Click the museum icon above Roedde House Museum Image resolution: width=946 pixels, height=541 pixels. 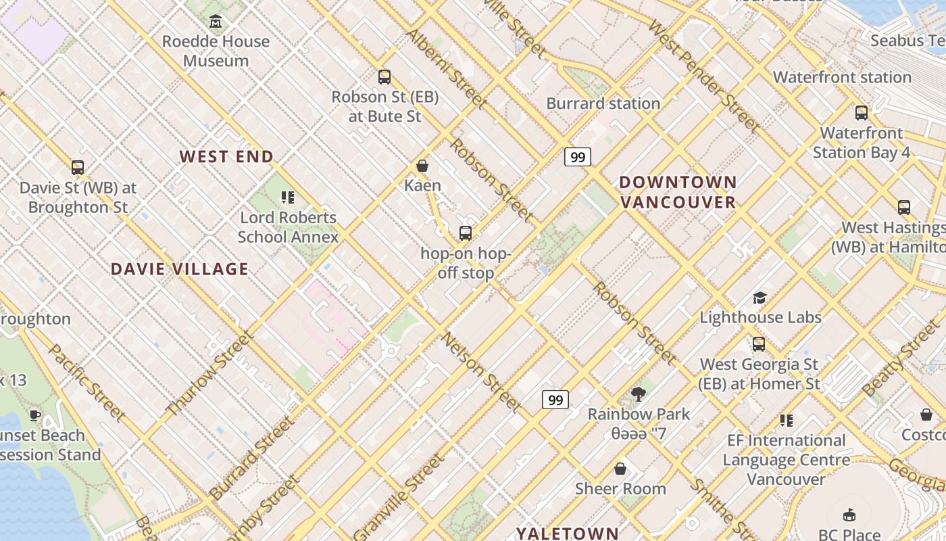[216, 22]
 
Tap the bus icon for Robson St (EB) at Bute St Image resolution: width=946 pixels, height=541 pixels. [384, 77]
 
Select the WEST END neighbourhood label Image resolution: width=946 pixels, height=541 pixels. [226, 157]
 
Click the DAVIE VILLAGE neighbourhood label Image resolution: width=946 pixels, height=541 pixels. [180, 269]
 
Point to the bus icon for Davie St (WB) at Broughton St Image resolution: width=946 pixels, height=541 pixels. [78, 168]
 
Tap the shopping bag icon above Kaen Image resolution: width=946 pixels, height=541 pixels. [422, 166]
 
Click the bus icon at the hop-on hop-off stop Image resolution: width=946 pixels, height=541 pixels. [466, 233]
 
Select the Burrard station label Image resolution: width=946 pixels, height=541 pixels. [603, 103]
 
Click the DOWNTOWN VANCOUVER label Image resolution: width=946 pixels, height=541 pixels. [678, 192]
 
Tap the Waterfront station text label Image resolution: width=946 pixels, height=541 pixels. [842, 77]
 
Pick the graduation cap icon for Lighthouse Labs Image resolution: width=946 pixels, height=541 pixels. [760, 298]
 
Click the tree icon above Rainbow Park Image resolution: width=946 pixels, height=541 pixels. [639, 394]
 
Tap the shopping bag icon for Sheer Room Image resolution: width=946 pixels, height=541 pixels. [620, 469]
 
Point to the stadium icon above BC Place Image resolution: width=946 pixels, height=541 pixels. [849, 515]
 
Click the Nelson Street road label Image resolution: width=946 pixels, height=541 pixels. [481, 373]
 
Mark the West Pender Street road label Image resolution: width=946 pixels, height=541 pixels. [704, 75]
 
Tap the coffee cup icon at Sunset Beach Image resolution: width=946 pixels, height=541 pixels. [35, 415]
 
